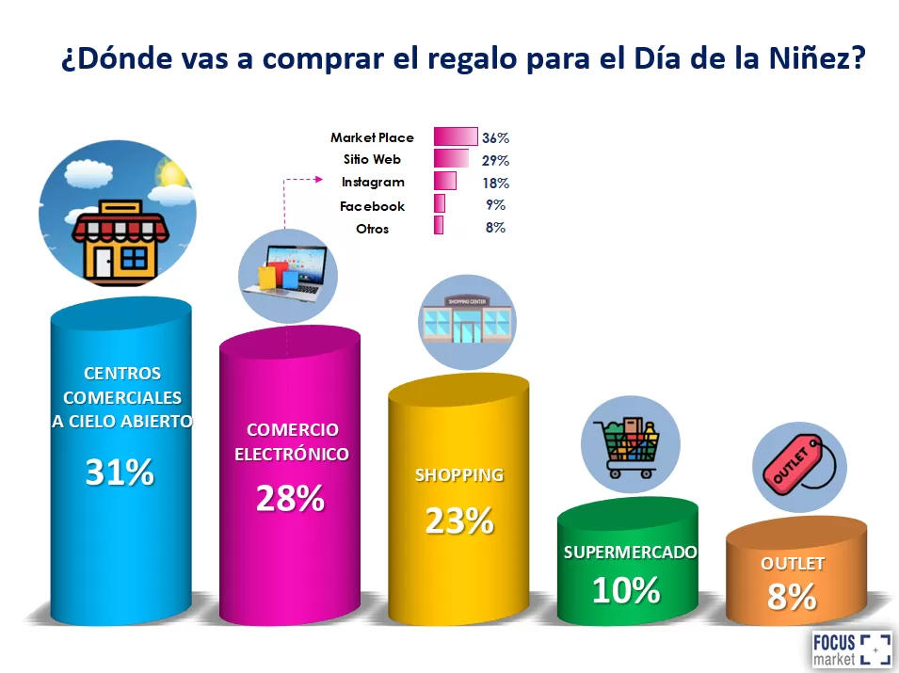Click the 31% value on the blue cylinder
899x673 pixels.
(120, 473)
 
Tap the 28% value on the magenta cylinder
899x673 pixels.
(290, 499)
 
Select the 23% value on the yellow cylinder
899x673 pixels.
(459, 521)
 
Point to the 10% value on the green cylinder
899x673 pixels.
(626, 590)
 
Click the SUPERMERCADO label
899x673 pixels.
(630, 553)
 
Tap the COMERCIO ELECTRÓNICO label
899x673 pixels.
(291, 441)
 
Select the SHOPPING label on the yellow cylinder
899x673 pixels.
(459, 475)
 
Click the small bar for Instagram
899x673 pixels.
(445, 182)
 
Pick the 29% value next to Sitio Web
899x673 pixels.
(495, 160)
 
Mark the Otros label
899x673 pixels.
(372, 229)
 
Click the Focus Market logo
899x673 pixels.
(851, 649)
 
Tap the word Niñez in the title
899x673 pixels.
(815, 58)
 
